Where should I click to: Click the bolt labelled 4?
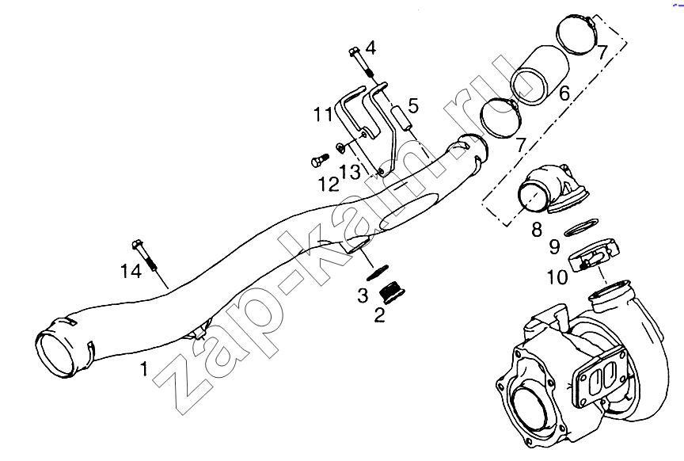(362, 64)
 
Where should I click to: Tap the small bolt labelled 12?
(320, 160)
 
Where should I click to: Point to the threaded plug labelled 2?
(391, 292)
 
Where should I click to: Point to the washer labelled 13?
(341, 148)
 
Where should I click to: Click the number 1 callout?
(144, 370)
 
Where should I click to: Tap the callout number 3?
(363, 295)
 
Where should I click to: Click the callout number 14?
(131, 272)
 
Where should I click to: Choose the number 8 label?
(537, 229)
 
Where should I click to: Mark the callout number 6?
(564, 93)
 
